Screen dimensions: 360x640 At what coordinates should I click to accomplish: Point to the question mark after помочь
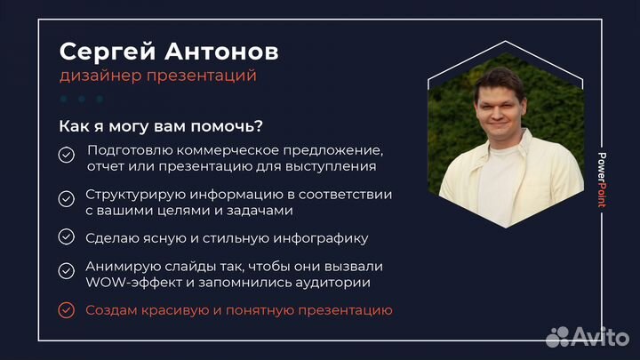point(270,126)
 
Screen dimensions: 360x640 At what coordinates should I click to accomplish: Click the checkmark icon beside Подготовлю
point(66,156)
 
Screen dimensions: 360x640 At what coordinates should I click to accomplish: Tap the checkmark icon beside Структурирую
point(66,198)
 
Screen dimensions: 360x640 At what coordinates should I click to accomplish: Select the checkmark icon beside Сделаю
point(66,236)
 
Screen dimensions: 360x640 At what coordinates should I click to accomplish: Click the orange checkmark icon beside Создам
point(66,310)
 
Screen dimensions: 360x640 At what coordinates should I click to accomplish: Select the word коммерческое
point(214,149)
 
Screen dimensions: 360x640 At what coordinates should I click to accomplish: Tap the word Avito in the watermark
point(600,337)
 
